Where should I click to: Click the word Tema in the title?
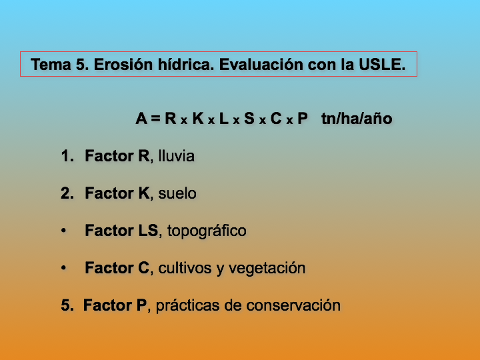51,65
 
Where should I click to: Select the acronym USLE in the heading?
382,65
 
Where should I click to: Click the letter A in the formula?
141,119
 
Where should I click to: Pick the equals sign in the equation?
155,118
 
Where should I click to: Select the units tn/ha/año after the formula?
357,119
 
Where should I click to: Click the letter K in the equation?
198,119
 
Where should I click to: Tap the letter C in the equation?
276,119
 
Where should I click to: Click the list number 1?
67,156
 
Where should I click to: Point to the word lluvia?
176,156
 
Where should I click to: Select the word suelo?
177,193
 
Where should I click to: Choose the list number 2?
67,193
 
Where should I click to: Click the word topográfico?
207,231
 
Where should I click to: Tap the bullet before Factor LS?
63,231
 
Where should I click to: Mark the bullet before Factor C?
63,268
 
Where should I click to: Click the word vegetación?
267,269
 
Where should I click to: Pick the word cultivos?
185,268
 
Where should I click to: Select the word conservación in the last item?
293,305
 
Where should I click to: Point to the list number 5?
67,305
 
